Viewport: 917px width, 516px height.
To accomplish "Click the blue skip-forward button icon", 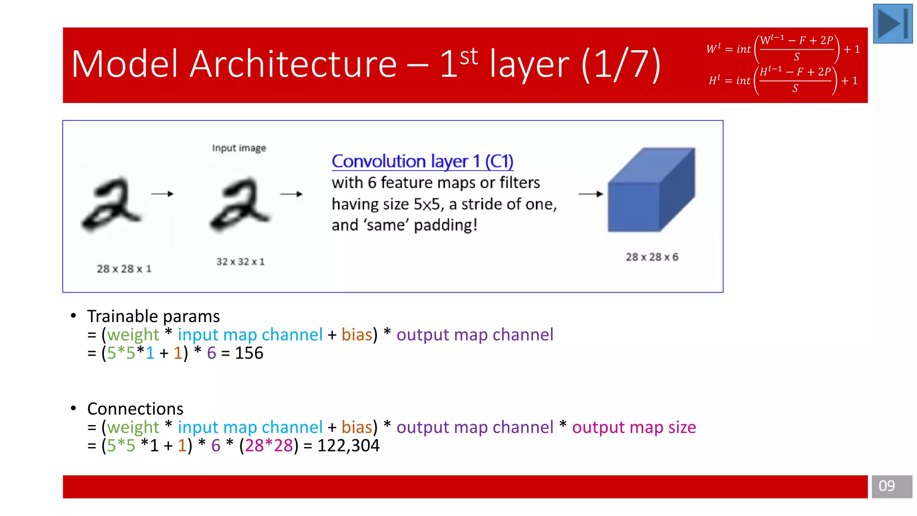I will (892, 23).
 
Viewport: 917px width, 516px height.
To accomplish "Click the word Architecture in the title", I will (293, 64).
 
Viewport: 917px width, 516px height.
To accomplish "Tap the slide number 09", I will (887, 486).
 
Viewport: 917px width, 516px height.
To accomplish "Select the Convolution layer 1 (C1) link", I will (422, 161).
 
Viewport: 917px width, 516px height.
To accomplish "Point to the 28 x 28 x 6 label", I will (652, 257).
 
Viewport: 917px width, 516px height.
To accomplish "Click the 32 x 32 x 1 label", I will (240, 262).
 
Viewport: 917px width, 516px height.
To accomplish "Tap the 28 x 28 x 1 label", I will (124, 269).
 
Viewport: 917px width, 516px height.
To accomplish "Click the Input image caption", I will (239, 148).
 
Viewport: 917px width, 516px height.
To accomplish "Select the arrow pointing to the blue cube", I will (591, 194).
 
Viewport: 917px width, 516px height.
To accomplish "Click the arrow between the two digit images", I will (162, 194).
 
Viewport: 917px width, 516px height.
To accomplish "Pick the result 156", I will (249, 353).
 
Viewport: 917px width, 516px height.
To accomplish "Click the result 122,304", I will (348, 446).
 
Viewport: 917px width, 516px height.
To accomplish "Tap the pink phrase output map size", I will (634, 427).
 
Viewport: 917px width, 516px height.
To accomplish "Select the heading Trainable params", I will (153, 316).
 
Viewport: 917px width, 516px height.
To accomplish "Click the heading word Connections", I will (135, 409).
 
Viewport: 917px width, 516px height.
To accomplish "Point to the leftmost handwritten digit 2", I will (111, 204).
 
